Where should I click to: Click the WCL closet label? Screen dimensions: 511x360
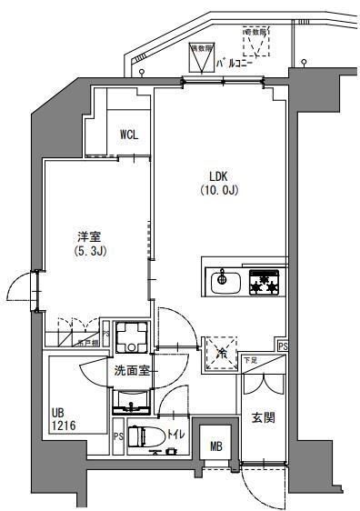click(x=129, y=135)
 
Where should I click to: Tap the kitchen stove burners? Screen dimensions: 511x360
click(x=265, y=281)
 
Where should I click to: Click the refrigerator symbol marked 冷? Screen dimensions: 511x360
click(x=220, y=351)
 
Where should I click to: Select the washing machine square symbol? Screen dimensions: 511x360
click(x=130, y=338)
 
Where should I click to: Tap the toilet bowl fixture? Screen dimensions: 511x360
click(x=141, y=436)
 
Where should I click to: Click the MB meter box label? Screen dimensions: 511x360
click(x=215, y=446)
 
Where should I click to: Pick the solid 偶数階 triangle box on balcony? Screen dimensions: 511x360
click(x=197, y=57)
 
